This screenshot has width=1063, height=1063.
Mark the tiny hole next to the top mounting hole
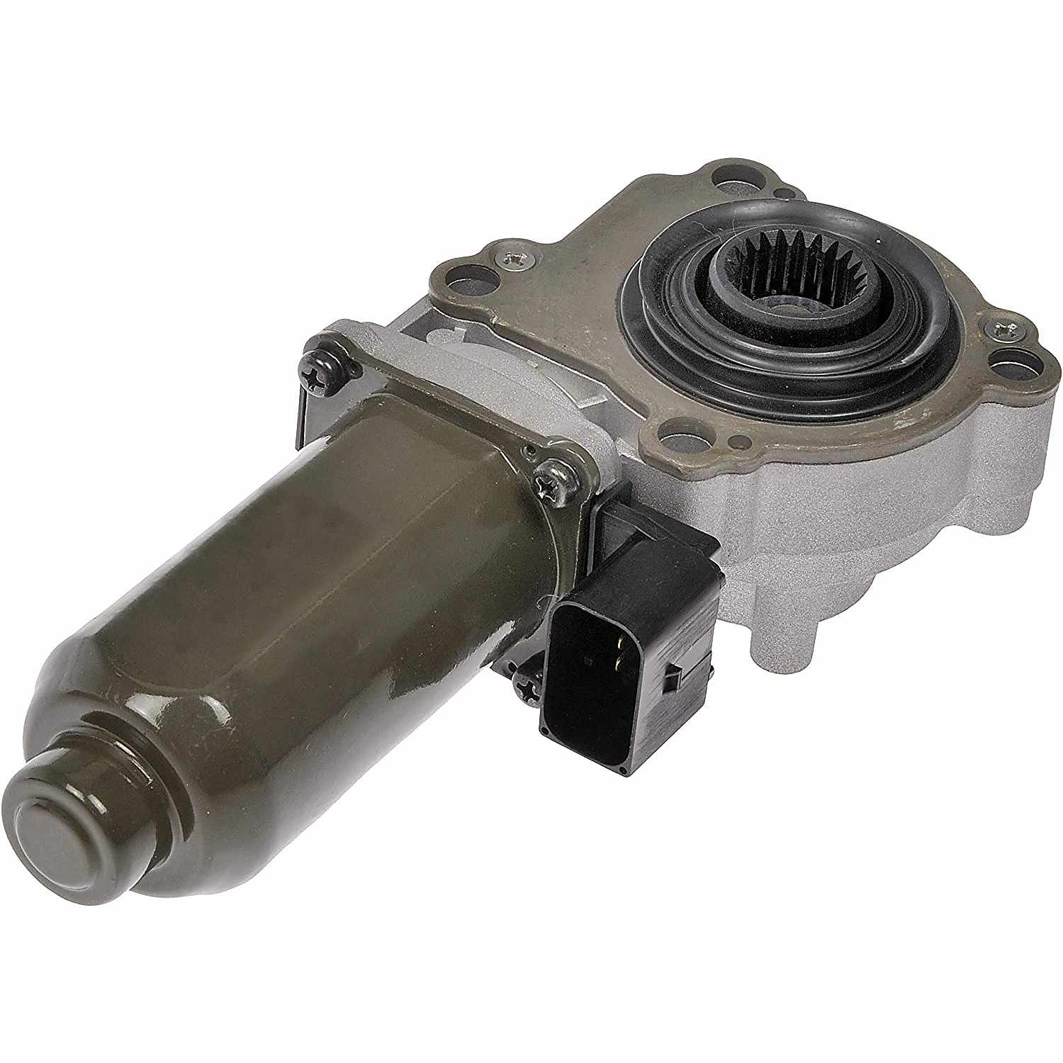[780, 193]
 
